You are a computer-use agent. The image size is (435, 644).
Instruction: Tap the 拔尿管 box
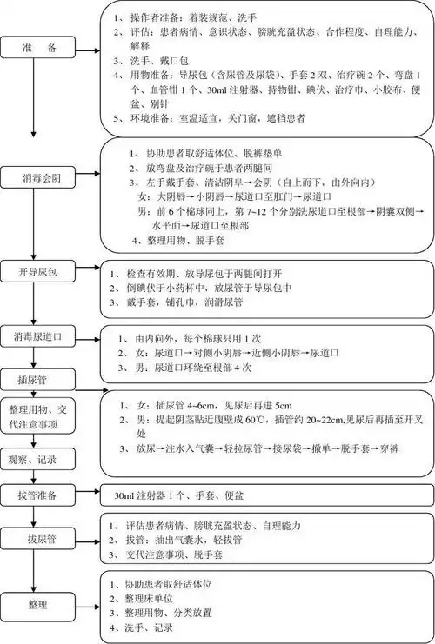(x=37, y=540)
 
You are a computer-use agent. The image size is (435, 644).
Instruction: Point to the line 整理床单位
(x=164, y=599)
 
